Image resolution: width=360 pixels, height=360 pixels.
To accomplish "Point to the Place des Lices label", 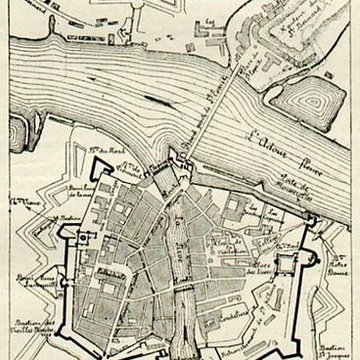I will point(264,262).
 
